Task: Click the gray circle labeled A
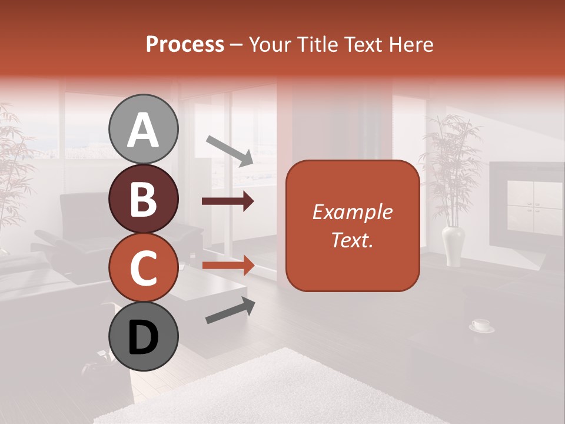pos(143,130)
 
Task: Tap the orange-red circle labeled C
pos(143,266)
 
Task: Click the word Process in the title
pos(185,45)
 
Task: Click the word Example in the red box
pos(353,212)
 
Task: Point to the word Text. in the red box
pos(353,240)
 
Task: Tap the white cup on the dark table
pos(481,324)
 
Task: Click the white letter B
pos(143,199)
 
